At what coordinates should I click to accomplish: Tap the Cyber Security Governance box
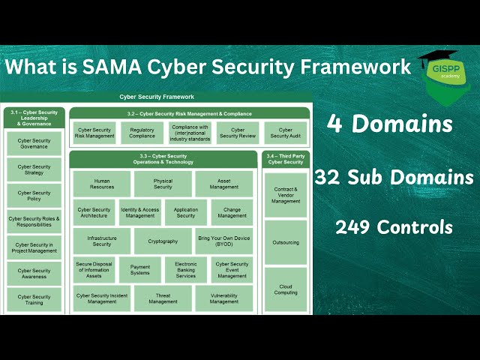click(34, 143)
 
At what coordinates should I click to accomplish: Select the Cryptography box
click(163, 241)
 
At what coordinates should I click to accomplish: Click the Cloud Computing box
click(285, 289)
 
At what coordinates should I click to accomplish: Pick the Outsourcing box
click(285, 242)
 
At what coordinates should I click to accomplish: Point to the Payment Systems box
click(140, 270)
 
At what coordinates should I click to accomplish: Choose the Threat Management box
click(163, 298)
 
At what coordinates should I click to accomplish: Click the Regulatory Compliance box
click(142, 133)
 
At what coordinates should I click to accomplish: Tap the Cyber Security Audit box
click(285, 133)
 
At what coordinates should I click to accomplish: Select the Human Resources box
click(102, 184)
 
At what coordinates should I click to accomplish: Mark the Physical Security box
click(163, 184)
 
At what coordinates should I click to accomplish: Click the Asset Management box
click(223, 184)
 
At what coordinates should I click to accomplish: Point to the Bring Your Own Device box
click(223, 241)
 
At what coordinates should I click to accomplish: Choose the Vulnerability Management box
click(223, 298)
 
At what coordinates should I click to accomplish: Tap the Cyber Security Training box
click(34, 299)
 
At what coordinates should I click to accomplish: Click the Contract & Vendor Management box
click(285, 196)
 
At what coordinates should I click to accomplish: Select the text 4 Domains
click(389, 124)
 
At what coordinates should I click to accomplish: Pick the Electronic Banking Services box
click(185, 270)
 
